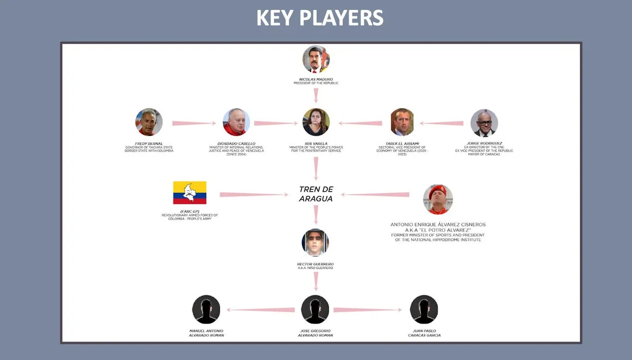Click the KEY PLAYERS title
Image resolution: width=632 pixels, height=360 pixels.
(320, 18)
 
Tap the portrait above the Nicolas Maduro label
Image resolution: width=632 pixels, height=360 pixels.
(316, 59)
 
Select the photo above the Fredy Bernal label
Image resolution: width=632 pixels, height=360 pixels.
(149, 122)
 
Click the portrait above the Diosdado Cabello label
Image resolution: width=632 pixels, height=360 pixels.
(236, 122)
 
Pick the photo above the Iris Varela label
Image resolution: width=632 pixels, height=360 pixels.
(316, 122)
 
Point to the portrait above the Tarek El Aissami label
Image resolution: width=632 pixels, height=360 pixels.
(402, 122)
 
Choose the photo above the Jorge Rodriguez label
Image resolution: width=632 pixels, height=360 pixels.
(484, 123)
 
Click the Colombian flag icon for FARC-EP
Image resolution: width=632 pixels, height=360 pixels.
(190, 193)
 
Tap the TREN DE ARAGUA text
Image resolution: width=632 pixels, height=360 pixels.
(316, 194)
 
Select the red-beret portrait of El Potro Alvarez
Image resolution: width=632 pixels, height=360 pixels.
(438, 199)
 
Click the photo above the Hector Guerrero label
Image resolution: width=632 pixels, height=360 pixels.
(315, 243)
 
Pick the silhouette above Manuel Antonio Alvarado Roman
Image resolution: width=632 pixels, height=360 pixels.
(206, 309)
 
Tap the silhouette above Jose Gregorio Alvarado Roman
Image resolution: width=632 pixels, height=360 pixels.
(315, 309)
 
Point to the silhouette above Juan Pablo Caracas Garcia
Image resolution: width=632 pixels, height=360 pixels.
(424, 309)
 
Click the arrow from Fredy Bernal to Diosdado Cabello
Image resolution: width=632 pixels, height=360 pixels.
(194, 123)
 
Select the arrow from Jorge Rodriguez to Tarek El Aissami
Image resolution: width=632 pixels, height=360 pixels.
(441, 123)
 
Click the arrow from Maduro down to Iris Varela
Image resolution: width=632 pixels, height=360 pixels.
(316, 95)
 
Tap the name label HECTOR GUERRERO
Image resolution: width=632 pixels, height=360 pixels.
(315, 264)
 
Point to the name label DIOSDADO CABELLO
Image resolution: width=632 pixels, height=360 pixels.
(236, 143)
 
